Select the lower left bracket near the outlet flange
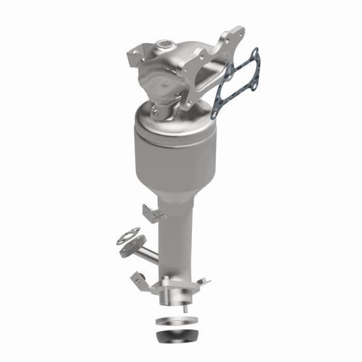140,278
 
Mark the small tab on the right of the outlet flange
203,281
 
